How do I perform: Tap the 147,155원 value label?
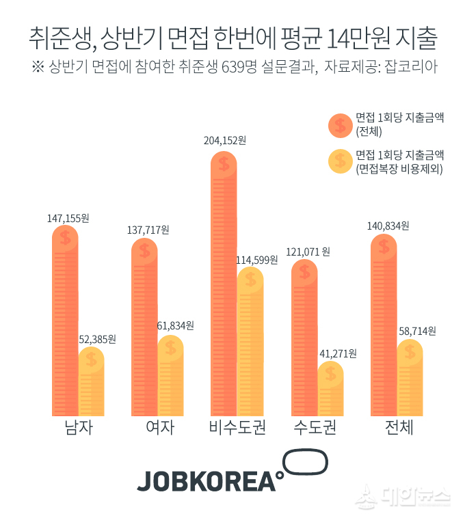pos(68,219)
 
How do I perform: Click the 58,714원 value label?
pos(416,331)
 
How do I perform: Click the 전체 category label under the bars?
pos(399,429)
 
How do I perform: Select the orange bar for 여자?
pos(144,328)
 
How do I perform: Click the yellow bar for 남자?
pos(91,383)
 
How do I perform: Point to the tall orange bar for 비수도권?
pos(224,287)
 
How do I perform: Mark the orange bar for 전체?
pos(384,328)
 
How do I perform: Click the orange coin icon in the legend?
pos(340,124)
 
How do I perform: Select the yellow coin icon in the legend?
pos(340,162)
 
